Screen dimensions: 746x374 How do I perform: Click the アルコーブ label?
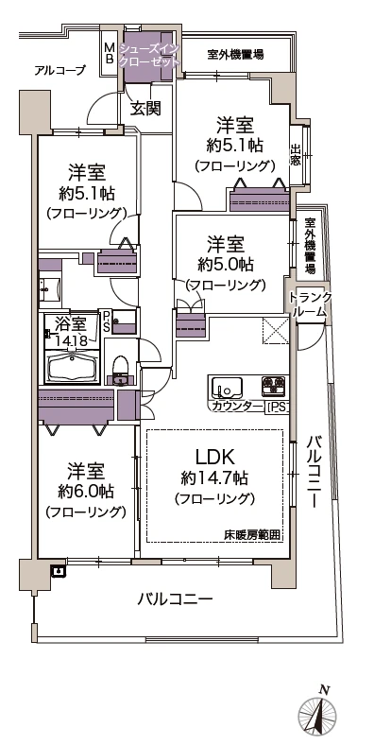pyautogui.click(x=59, y=71)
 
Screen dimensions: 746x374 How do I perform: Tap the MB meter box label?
pyautogui.click(x=109, y=52)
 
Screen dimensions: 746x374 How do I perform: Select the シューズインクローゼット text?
pyautogui.click(x=147, y=53)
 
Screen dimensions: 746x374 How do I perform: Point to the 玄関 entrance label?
pyautogui.click(x=144, y=108)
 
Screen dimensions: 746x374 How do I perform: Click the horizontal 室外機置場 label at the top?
pyautogui.click(x=235, y=55)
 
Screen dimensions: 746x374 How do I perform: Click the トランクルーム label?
pyautogui.click(x=309, y=304)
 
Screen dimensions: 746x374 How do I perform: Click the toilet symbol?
pyautogui.click(x=120, y=369)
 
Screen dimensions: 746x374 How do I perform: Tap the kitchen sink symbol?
pyautogui.click(x=227, y=387)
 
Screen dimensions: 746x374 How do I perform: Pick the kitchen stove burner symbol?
pyautogui.click(x=274, y=386)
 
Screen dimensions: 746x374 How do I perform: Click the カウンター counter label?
pyautogui.click(x=236, y=407)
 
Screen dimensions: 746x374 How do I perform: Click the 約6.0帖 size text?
pyautogui.click(x=86, y=491)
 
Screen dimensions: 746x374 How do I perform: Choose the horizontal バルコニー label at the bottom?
pyautogui.click(x=174, y=599)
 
